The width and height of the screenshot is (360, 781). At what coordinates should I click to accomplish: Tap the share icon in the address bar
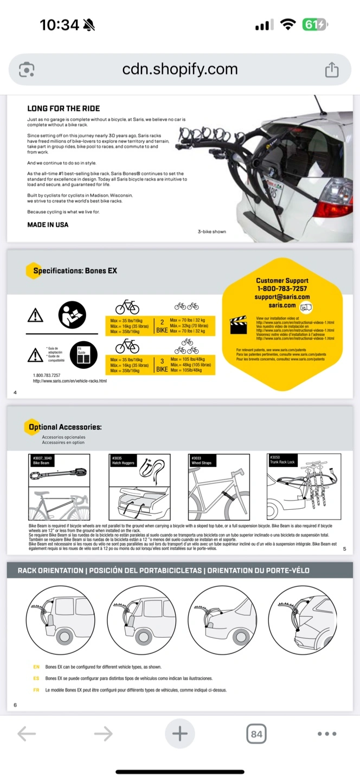(331, 69)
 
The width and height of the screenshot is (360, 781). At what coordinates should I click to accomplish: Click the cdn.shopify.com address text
(180, 69)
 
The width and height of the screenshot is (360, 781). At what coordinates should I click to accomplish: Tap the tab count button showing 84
(256, 734)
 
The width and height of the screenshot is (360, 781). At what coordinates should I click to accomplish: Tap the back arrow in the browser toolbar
(27, 734)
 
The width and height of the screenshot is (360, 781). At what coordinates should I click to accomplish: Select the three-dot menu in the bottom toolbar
(327, 734)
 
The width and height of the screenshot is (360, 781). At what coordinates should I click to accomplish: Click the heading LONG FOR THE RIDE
(63, 108)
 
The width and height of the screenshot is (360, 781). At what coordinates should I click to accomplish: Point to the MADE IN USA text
(48, 225)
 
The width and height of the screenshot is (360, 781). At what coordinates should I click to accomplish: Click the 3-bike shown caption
(211, 232)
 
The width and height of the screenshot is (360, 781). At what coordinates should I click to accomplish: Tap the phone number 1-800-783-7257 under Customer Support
(282, 289)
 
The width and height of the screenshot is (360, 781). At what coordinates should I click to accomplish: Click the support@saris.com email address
(282, 297)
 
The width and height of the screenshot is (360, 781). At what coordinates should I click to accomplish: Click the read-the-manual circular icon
(72, 314)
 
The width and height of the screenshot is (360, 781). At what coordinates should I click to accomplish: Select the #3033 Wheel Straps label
(202, 460)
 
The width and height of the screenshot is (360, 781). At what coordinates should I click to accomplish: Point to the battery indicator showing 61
(314, 24)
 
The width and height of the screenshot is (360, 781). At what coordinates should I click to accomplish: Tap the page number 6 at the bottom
(15, 705)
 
